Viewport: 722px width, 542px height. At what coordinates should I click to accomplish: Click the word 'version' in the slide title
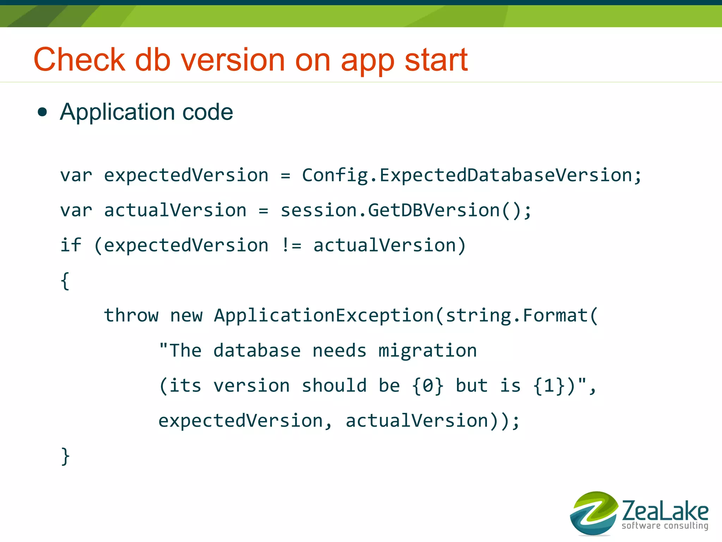(233, 60)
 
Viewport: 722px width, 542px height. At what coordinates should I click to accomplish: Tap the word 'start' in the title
(436, 60)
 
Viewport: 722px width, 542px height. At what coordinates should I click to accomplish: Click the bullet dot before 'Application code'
(42, 112)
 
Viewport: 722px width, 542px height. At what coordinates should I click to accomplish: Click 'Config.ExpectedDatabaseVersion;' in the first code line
(472, 175)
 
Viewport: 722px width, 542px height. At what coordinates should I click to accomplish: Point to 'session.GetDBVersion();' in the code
(406, 211)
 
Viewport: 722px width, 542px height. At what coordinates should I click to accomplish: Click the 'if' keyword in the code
(71, 245)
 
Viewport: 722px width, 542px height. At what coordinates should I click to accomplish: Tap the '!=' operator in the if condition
(291, 245)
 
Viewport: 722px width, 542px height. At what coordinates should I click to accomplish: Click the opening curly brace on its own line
(65, 281)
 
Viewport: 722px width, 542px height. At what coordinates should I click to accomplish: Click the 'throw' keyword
(131, 315)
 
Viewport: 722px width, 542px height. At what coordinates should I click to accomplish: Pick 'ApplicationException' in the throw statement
(324, 315)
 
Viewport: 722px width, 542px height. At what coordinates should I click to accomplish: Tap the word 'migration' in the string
(427, 351)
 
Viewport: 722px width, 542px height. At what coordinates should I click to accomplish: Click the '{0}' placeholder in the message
(428, 385)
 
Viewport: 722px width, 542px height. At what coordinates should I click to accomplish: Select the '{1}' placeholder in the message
(549, 385)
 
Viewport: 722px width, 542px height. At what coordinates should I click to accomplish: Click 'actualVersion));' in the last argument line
(433, 421)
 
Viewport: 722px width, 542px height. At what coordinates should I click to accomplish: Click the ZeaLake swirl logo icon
(594, 513)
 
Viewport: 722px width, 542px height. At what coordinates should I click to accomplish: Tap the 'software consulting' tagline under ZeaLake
(665, 526)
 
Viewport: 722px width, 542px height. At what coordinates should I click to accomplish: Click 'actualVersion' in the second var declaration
(175, 211)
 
